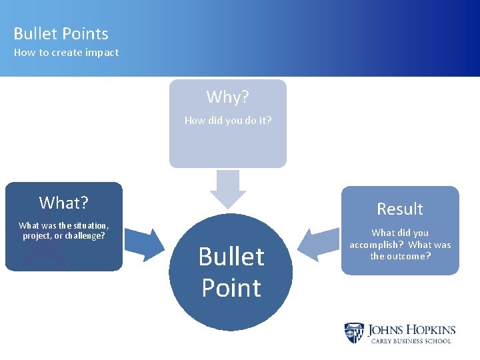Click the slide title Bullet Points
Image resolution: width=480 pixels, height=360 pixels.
tap(61, 33)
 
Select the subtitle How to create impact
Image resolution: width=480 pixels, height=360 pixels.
tap(66, 53)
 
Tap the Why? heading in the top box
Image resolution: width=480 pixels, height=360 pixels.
tap(227, 97)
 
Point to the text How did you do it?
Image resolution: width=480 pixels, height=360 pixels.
tap(227, 121)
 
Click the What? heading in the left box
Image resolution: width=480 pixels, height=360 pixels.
tap(64, 202)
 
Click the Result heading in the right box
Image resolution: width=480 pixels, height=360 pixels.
tap(399, 209)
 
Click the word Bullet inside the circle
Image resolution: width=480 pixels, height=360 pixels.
tap(231, 257)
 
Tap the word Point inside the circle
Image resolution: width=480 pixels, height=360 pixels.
tap(231, 288)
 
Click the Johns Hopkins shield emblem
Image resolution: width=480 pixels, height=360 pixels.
tap(354, 333)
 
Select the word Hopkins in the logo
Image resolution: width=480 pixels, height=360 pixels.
tap(430, 329)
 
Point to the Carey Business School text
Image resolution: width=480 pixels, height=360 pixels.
tap(411, 341)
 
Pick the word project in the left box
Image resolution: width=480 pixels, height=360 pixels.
tap(37, 236)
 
